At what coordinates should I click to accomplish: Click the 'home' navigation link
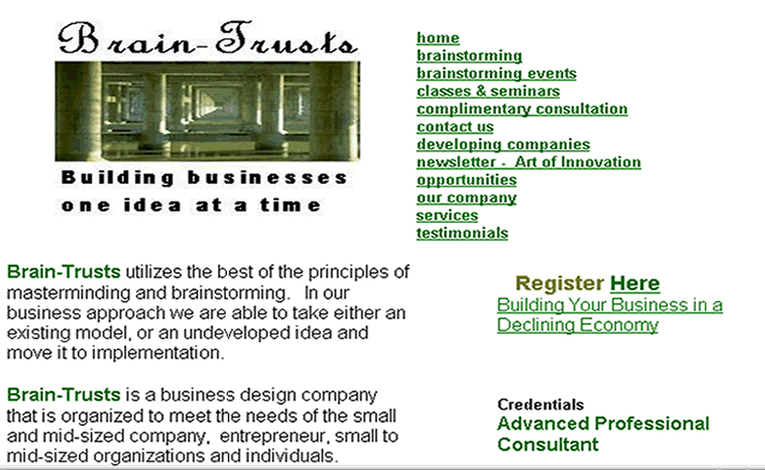[x=437, y=38]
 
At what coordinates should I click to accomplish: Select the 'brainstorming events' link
[x=496, y=73]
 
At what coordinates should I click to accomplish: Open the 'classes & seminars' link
[x=488, y=91]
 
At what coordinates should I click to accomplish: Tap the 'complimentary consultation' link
[x=522, y=109]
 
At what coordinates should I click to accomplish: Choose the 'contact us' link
[x=455, y=127]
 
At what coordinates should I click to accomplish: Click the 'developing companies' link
[x=503, y=144]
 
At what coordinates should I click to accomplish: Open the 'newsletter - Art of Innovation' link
[x=529, y=162]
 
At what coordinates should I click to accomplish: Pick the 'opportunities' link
[x=466, y=180]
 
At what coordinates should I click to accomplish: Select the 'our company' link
[x=466, y=198]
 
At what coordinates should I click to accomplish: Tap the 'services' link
[x=447, y=215]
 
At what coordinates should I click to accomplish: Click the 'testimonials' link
[x=462, y=234]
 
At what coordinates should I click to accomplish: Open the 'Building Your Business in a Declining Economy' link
[x=609, y=315]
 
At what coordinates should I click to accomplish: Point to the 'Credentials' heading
[x=540, y=405]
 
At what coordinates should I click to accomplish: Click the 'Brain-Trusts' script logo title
[x=208, y=38]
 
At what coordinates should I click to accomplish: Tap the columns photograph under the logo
[x=208, y=111]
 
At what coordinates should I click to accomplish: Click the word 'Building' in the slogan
[x=117, y=178]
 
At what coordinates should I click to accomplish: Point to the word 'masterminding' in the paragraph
[x=68, y=293]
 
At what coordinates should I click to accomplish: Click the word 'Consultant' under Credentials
[x=548, y=445]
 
